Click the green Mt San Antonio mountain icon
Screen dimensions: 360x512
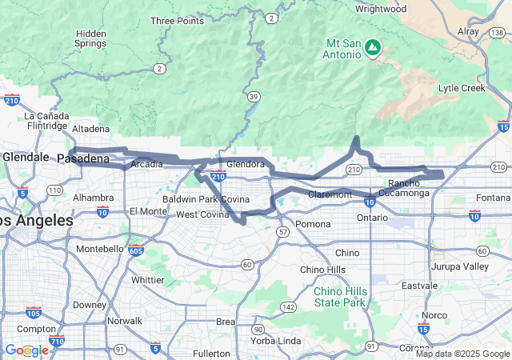click(x=372, y=49)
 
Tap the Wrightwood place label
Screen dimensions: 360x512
click(x=381, y=10)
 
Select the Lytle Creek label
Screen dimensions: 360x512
click(x=462, y=88)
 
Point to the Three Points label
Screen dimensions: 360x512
click(x=177, y=21)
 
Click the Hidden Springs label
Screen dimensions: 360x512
click(x=90, y=38)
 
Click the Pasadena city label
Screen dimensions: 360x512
click(x=83, y=159)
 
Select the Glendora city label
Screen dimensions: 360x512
click(x=245, y=164)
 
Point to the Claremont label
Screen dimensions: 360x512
click(x=330, y=194)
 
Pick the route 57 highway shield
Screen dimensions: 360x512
click(x=284, y=231)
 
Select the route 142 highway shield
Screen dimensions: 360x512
click(x=288, y=306)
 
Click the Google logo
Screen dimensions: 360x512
click(x=26, y=350)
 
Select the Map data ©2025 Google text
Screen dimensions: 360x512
click(x=462, y=354)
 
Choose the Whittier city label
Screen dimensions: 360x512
click(x=147, y=280)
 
